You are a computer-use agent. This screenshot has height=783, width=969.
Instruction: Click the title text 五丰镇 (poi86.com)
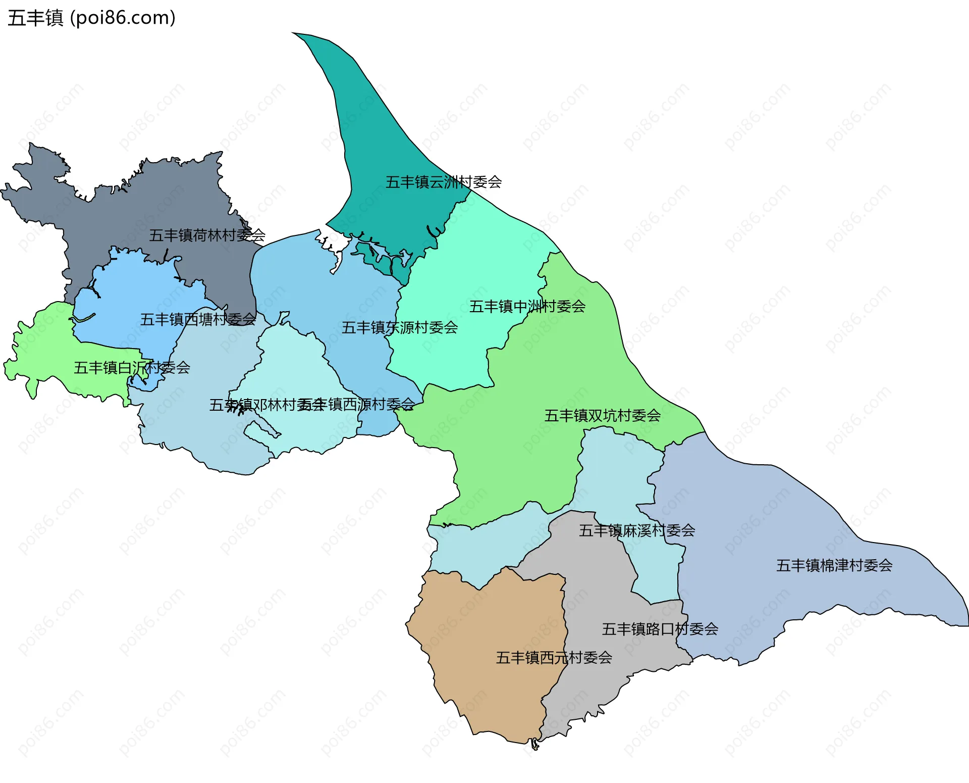point(91,18)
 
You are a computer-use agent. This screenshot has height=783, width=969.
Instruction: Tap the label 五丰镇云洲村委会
point(443,182)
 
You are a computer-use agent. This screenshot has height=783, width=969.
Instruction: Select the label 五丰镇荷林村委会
point(207,235)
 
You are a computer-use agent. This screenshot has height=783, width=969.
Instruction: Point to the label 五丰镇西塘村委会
point(198,319)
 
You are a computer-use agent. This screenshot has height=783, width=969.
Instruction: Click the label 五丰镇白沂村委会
point(132,367)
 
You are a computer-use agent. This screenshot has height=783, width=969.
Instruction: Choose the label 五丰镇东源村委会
point(399,327)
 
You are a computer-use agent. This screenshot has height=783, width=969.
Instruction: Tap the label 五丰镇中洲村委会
point(527,306)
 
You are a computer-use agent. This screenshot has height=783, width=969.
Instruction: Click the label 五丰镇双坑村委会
point(602,415)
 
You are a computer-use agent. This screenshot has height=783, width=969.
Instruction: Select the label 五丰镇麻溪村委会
point(636,530)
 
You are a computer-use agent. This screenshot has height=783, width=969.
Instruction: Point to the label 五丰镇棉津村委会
point(834,565)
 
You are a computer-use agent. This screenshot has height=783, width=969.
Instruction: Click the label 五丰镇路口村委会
point(660,628)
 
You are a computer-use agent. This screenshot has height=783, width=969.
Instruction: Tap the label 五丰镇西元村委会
point(554,657)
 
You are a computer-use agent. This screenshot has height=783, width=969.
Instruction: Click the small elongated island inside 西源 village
point(262,430)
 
